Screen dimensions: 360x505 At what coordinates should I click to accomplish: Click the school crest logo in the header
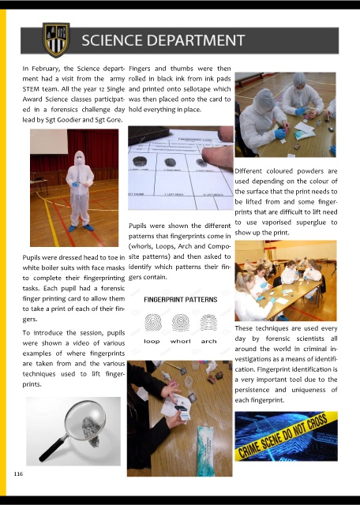coord(56,39)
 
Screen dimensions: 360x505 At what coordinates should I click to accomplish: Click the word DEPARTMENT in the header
coord(197,40)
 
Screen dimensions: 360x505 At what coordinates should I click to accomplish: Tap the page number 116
coord(18,473)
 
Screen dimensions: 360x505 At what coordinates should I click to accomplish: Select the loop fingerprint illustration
coord(153,323)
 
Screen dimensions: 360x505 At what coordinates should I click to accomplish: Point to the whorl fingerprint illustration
coord(181,323)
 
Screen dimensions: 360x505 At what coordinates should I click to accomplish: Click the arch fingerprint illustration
coord(208,323)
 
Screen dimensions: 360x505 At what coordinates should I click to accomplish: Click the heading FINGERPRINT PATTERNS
coord(181,300)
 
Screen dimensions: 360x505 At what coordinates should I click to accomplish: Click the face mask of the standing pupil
coord(79,160)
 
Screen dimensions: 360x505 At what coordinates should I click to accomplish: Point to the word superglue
coord(306,223)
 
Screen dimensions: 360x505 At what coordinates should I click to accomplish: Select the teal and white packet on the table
coord(206,450)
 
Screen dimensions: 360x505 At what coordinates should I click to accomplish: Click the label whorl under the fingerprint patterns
coord(181,342)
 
